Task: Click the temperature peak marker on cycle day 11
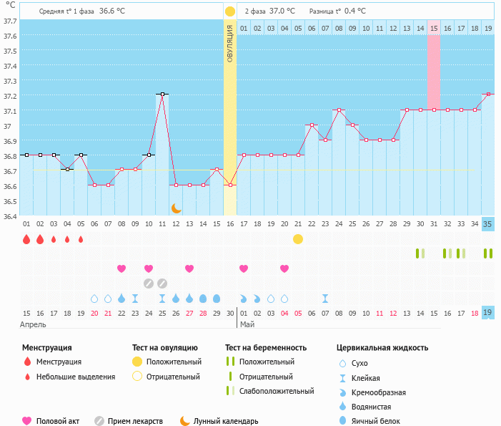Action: [163, 94]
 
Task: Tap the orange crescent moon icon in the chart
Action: [177, 208]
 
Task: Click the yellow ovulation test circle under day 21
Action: [298, 239]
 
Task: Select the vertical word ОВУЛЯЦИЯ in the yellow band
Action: [229, 44]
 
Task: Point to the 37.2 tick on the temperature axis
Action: [10, 96]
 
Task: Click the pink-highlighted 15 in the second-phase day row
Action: [434, 29]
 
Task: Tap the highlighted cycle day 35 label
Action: [487, 224]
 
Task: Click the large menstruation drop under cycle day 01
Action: [26, 239]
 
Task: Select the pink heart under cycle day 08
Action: [121, 268]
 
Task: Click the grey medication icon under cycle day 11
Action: [162, 284]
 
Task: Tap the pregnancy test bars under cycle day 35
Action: [488, 253]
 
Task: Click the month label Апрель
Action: [33, 324]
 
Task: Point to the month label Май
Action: [247, 324]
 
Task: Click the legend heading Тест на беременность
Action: [266, 347]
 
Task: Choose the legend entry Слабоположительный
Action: [277, 391]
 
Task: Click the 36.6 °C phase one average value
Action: [112, 11]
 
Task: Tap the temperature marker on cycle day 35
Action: [488, 94]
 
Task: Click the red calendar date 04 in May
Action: [284, 314]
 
